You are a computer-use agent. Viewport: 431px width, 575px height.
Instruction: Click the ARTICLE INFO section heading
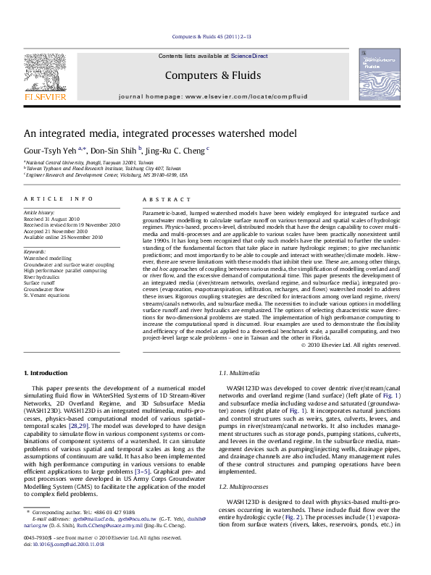(x=59, y=198)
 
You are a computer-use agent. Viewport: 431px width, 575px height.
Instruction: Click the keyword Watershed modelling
(x=48, y=258)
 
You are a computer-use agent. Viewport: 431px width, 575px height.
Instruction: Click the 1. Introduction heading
(x=46, y=372)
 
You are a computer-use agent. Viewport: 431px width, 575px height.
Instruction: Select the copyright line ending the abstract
(x=351, y=345)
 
